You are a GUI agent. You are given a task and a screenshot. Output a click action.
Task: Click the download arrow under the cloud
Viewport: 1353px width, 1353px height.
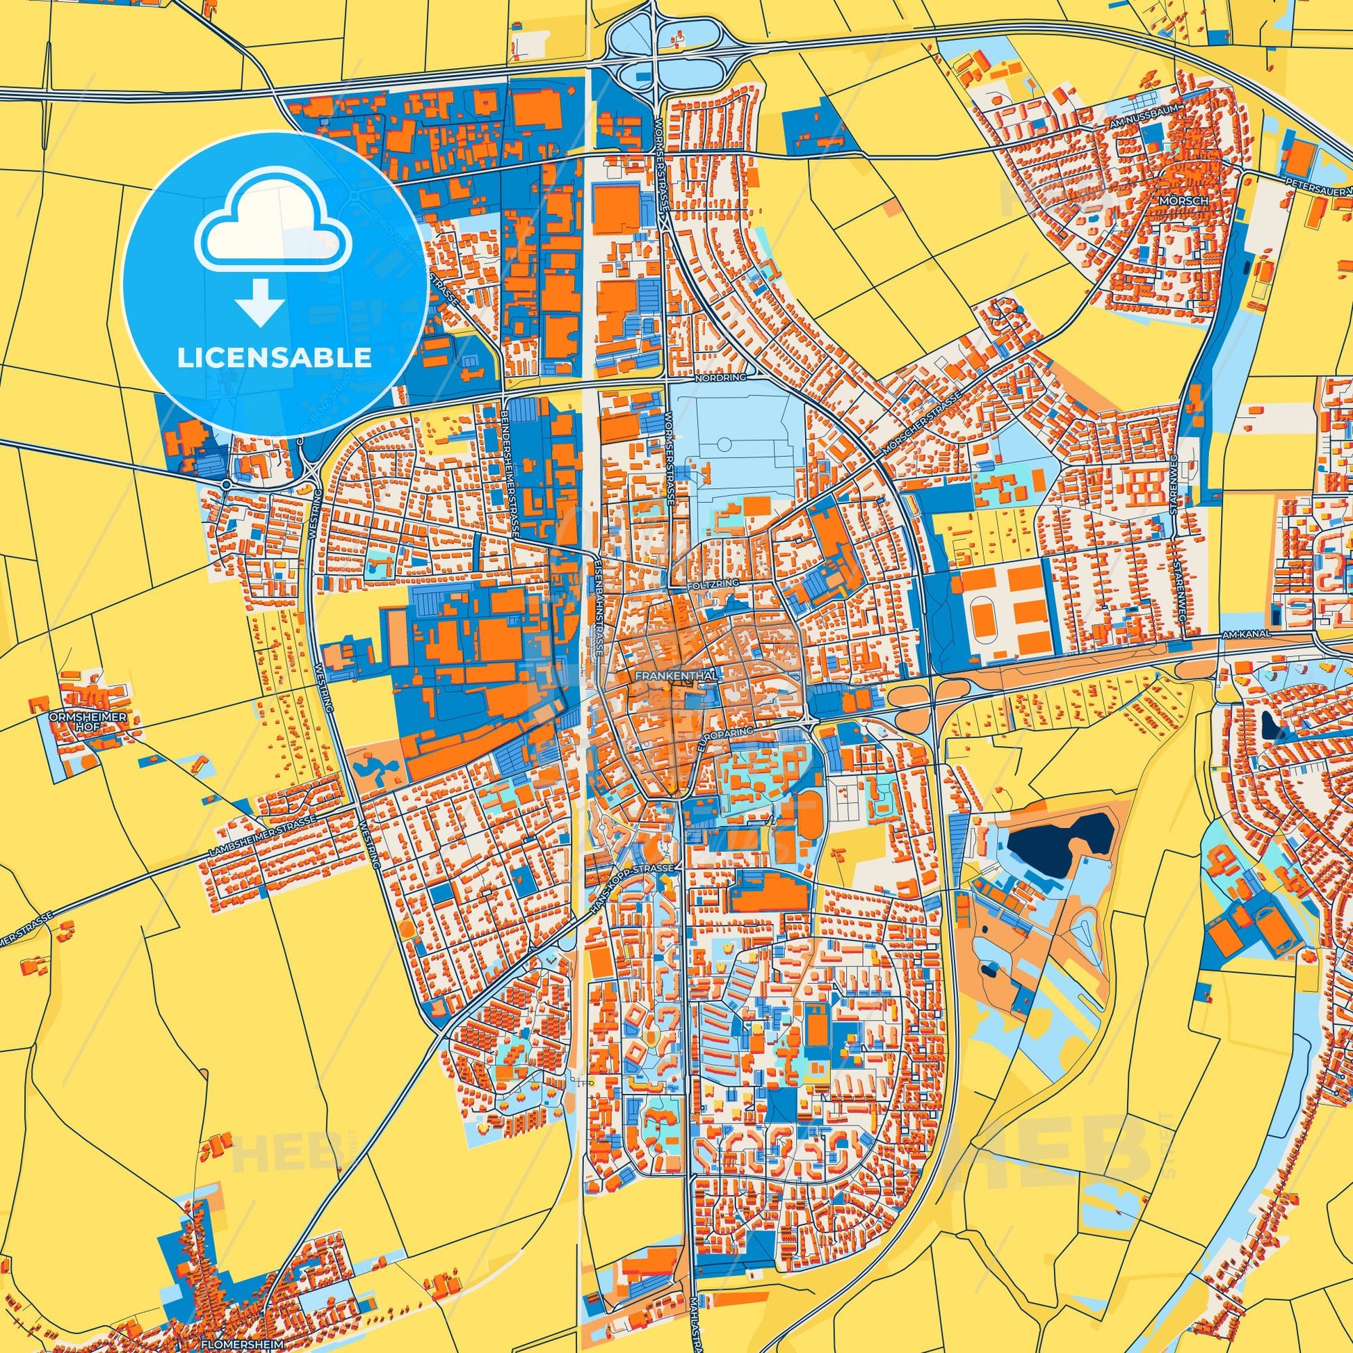[259, 301]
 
